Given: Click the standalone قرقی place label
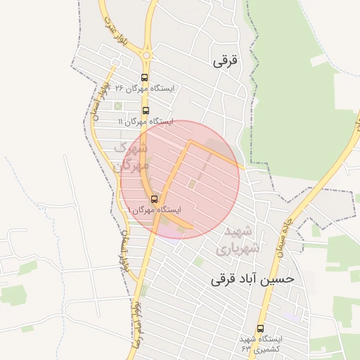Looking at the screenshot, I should [x=226, y=60].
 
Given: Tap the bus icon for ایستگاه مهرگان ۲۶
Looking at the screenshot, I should [x=144, y=78].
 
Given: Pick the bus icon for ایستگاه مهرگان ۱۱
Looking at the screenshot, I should [x=146, y=110].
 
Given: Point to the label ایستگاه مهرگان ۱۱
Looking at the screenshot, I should [x=145, y=121].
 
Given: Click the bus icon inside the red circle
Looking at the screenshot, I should [x=155, y=199].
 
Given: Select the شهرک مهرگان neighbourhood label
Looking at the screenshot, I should [x=131, y=157].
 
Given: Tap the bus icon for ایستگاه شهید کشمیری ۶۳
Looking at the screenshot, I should [x=261, y=328].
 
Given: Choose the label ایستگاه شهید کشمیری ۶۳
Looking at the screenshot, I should [x=261, y=344].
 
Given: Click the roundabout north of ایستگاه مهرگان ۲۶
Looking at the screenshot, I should [x=147, y=54].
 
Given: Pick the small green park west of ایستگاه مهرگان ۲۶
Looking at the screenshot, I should [x=118, y=106].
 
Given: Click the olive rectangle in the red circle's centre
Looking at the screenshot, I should [x=191, y=184].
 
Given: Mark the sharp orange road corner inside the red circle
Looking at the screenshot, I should [x=189, y=141].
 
